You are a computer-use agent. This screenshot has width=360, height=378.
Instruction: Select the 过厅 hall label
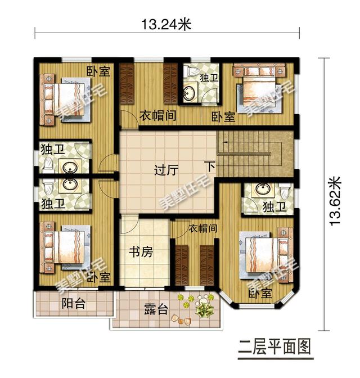pos(166,169)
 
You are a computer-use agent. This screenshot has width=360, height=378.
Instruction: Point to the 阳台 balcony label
pos(73,304)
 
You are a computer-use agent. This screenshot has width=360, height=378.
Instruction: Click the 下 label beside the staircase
pos(209,167)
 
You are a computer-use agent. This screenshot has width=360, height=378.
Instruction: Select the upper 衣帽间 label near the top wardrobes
pos(159,116)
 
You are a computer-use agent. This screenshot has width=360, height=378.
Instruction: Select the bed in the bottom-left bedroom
pos(66,248)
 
